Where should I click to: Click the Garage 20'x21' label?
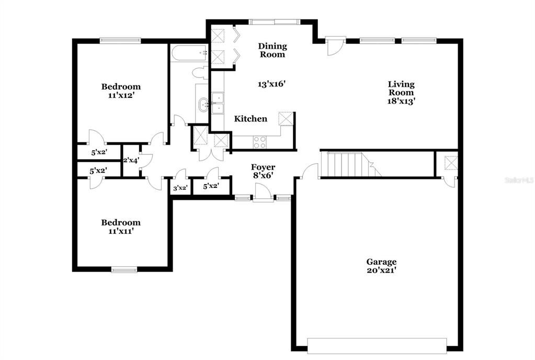(x=381, y=266)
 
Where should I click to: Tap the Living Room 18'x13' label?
(x=401, y=93)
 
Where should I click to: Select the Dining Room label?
(x=272, y=50)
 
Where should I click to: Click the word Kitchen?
(x=251, y=119)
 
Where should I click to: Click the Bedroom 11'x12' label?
(x=121, y=91)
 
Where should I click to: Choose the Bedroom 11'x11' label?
(x=121, y=226)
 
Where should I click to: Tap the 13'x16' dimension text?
(x=272, y=84)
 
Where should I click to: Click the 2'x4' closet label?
(x=131, y=161)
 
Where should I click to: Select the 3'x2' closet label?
(x=180, y=187)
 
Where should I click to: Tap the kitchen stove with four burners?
(x=260, y=142)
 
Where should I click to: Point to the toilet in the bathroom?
(x=200, y=72)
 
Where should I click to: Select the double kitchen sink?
(x=217, y=103)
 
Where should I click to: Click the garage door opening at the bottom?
(x=377, y=345)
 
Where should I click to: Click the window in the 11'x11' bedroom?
(x=124, y=270)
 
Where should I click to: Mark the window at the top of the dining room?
(x=275, y=22)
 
